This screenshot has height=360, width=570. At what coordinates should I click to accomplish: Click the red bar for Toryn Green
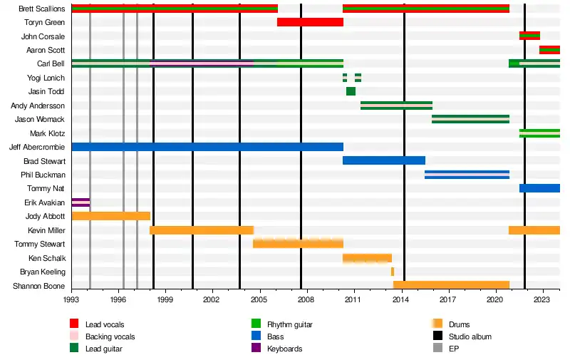[310, 22]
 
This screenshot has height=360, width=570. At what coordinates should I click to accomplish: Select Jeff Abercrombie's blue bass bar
[207, 147]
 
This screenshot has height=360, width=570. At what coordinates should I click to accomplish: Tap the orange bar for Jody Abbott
[110, 216]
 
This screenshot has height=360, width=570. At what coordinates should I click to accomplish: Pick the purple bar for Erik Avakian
[81, 202]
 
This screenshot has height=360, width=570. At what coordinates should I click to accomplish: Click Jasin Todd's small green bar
[351, 91]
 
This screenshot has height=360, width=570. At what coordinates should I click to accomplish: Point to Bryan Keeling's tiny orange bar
[392, 272]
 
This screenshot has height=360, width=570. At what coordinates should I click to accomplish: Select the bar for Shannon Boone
[451, 285]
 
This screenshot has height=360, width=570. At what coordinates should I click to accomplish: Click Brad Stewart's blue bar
[383, 160]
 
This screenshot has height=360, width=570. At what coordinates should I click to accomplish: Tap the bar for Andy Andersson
[396, 106]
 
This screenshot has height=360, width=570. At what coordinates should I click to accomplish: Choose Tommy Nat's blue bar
[539, 188]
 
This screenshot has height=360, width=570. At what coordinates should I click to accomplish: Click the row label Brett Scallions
[42, 9]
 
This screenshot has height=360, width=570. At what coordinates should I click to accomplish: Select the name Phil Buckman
[43, 175]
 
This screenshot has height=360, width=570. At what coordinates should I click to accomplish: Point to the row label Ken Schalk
[46, 258]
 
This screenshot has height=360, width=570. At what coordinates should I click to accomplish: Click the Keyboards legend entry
[284, 349]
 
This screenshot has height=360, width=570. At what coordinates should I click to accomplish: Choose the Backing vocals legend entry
[110, 336]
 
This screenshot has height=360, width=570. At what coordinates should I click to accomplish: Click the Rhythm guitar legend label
[289, 324]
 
